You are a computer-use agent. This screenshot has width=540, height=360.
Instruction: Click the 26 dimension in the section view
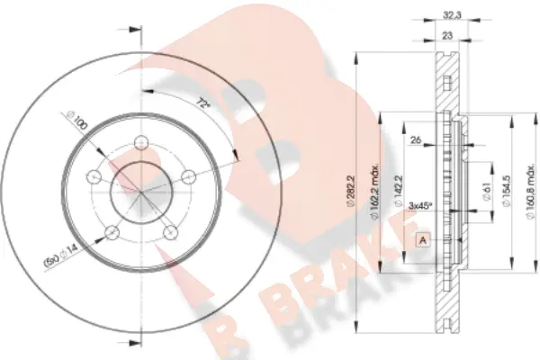415,139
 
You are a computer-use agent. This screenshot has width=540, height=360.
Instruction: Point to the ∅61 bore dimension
485,189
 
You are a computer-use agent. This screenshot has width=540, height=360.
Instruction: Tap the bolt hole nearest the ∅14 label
111,233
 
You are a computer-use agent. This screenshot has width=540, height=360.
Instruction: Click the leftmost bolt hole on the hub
94,177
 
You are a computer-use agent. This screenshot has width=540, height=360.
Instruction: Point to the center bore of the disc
140,188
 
